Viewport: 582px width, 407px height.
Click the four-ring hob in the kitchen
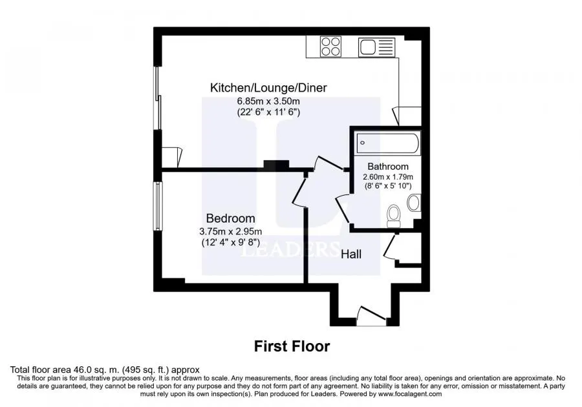[330, 47]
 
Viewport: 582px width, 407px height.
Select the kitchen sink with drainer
[377, 47]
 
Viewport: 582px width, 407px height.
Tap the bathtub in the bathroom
[388, 143]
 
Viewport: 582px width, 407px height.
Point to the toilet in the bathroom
[393, 216]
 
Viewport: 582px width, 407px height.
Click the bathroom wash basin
[414, 203]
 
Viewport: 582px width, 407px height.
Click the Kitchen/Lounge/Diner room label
[268, 88]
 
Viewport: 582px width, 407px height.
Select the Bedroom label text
[230, 218]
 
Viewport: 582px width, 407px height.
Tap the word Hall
[351, 255]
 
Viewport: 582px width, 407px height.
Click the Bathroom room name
[388, 167]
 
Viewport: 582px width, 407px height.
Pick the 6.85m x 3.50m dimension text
[268, 101]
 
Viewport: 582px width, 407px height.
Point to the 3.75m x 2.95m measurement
[230, 232]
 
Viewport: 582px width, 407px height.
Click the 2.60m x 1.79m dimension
[388, 177]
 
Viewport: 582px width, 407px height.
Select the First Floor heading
[292, 346]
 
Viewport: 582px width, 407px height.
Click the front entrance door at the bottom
[371, 316]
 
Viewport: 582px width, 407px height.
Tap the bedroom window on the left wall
[158, 207]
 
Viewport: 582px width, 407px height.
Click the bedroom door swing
[299, 191]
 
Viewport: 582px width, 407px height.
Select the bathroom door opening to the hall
[342, 209]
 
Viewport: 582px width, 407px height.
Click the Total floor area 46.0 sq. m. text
[105, 370]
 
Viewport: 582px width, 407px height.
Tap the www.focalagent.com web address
[409, 394]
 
